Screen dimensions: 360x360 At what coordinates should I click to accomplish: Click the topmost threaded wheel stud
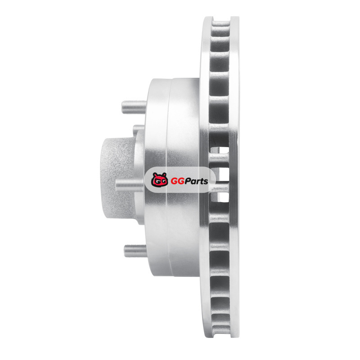point(134,107)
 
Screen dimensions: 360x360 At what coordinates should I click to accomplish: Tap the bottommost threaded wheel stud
point(135,251)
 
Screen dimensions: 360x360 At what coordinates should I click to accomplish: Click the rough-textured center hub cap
point(117,179)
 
